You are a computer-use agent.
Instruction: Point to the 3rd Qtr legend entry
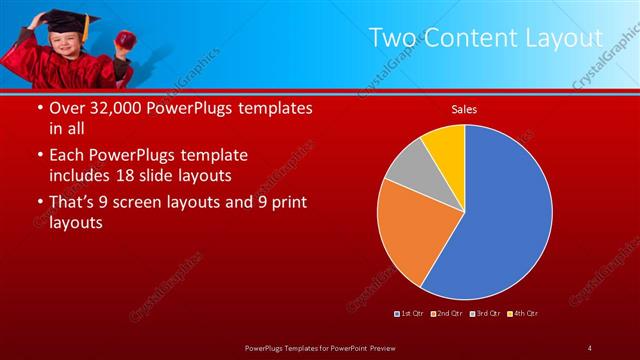coord(486,314)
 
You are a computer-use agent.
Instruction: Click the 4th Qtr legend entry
coord(523,314)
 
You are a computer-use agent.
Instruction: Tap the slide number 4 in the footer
coord(589,348)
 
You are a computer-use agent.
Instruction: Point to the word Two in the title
coord(392,38)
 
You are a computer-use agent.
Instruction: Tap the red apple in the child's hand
coord(126,39)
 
